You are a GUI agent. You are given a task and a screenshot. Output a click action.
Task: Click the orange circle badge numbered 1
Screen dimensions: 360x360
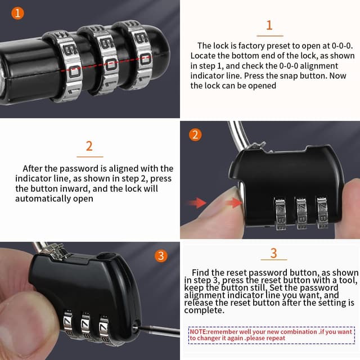click(19, 13)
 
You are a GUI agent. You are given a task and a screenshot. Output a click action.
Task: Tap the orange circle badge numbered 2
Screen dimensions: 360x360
click(195, 135)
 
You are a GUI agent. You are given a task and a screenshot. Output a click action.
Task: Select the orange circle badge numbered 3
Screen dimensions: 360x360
click(161, 256)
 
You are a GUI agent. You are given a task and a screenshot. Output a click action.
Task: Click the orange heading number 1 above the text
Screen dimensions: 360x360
click(269, 25)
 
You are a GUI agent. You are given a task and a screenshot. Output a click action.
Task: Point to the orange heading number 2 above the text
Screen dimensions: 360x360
click(89, 146)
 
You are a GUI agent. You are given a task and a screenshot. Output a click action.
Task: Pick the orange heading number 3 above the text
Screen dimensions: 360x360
click(273, 253)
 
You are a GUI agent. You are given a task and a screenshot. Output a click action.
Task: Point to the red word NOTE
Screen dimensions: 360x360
click(198, 332)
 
